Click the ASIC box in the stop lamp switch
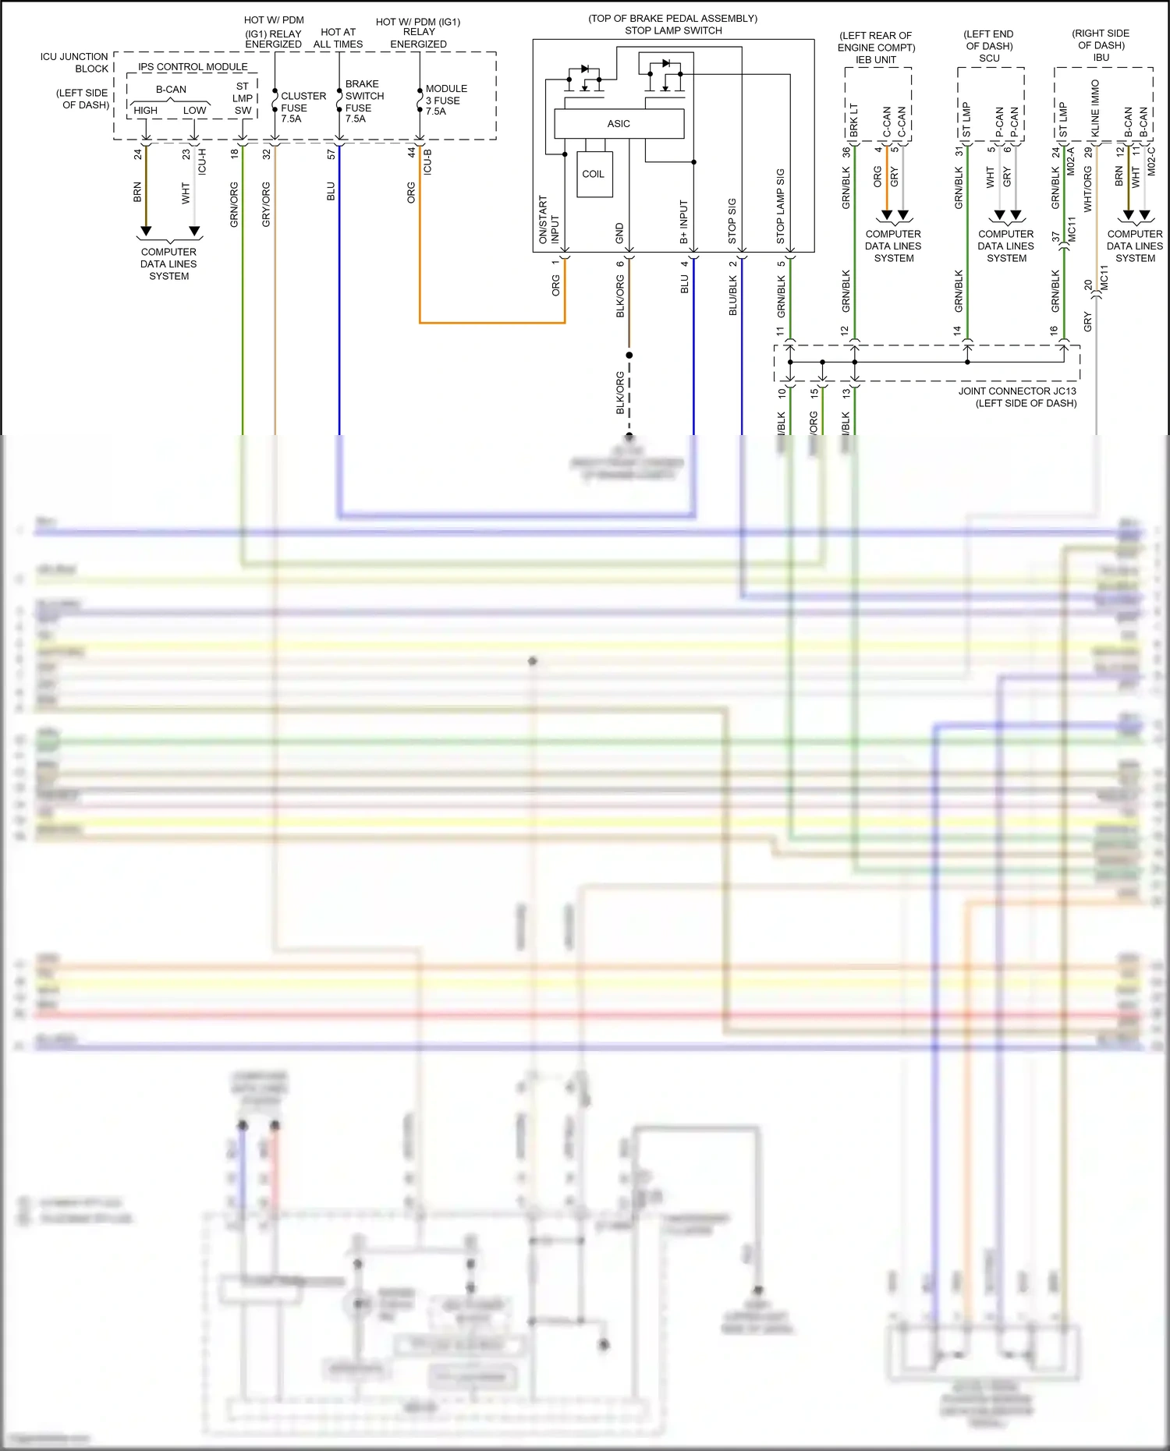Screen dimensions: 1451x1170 coord(619,124)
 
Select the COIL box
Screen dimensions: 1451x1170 coord(594,174)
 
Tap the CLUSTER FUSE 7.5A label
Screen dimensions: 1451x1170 coord(303,108)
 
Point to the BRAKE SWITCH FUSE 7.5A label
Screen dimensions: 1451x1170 coord(363,101)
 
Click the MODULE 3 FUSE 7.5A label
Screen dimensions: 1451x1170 coord(445,101)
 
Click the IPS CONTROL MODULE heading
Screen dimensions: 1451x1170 coord(193,67)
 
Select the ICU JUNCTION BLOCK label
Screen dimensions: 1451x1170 coord(75,62)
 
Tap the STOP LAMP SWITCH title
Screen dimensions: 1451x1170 coord(673,30)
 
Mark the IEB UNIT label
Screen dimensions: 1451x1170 coord(875,60)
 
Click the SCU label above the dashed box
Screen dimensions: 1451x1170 coord(989,58)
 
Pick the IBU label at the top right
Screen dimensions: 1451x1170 coord(1101,58)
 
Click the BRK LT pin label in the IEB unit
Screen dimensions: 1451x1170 coord(853,120)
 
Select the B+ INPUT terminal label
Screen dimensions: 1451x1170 coord(684,221)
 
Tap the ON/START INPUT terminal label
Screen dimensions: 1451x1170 coord(548,220)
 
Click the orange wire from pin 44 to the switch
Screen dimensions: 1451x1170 coord(491,322)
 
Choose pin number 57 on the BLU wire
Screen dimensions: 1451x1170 coord(331,154)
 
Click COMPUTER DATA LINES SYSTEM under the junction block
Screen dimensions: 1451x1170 coord(168,264)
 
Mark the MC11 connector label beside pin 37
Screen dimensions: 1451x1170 coord(1072,228)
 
